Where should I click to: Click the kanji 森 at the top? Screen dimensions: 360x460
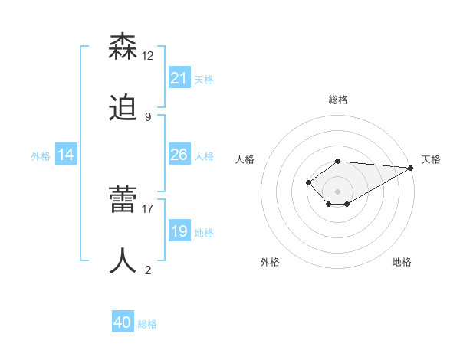click(x=123, y=47)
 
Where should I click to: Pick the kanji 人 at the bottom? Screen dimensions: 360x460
click(x=123, y=261)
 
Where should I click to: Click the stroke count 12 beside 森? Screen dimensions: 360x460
click(x=148, y=56)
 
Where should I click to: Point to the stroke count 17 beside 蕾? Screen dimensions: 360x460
click(x=148, y=208)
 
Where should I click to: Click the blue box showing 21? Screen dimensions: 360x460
click(x=179, y=78)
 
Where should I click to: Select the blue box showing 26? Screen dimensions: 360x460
click(x=179, y=155)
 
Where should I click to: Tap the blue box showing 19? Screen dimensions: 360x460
click(x=179, y=231)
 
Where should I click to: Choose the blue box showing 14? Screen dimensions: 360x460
click(x=66, y=155)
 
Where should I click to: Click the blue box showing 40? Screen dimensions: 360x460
click(x=123, y=322)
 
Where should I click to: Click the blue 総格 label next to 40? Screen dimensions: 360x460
click(x=147, y=324)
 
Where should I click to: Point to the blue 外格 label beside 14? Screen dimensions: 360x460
click(x=41, y=156)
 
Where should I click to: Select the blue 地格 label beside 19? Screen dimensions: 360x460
click(x=204, y=233)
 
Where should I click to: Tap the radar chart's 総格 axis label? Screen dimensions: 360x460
click(x=338, y=100)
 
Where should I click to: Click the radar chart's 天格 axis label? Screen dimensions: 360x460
click(x=431, y=159)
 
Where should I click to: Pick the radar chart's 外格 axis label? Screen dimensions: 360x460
click(x=270, y=262)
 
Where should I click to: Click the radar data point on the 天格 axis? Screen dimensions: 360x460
click(x=411, y=168)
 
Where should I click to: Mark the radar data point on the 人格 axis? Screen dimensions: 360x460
click(x=308, y=182)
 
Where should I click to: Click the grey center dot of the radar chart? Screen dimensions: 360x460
click(x=337, y=191)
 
